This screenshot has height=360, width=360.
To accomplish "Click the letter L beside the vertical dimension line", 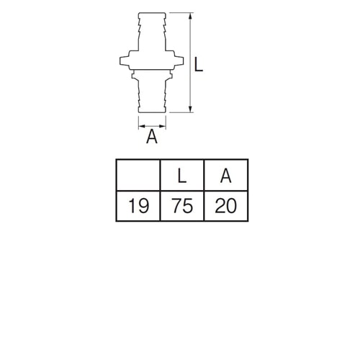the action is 198,64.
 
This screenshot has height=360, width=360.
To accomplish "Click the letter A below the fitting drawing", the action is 152,136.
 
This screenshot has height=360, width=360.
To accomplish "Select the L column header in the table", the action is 182,176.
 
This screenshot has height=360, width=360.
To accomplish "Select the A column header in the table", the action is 226,176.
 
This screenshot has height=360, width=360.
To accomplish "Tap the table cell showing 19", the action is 138,206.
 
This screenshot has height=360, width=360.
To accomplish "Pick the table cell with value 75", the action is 182,206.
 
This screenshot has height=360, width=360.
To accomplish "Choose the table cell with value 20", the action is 226,206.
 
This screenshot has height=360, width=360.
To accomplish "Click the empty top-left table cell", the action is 138,176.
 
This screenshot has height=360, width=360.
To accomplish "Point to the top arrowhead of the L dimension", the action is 190,16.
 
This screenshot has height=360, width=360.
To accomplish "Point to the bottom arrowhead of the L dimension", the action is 190,109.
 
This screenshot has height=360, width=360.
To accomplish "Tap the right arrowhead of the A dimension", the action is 163,126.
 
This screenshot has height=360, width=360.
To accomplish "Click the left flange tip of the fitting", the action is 120,61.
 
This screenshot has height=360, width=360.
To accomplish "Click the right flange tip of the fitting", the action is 184,61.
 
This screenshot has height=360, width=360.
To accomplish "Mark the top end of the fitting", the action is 152,13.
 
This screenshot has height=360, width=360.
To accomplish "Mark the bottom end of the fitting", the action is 152,112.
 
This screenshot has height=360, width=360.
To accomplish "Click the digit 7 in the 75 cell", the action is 177,206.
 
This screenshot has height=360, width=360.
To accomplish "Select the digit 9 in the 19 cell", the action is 143,206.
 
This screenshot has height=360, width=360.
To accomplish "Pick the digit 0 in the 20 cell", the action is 231,206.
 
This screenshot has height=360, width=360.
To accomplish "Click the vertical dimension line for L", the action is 190,63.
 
